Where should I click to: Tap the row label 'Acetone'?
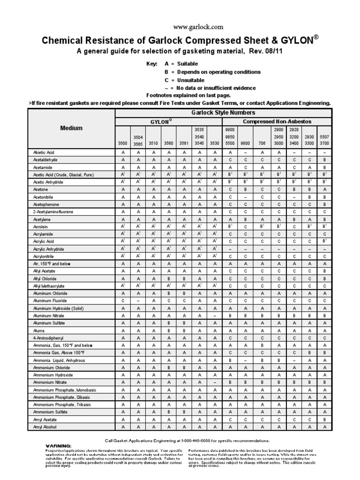41,189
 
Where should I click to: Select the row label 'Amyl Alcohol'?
45,427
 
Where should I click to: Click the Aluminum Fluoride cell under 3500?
122,301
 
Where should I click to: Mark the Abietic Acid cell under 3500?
122,152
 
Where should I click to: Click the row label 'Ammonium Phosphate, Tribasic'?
62,405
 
